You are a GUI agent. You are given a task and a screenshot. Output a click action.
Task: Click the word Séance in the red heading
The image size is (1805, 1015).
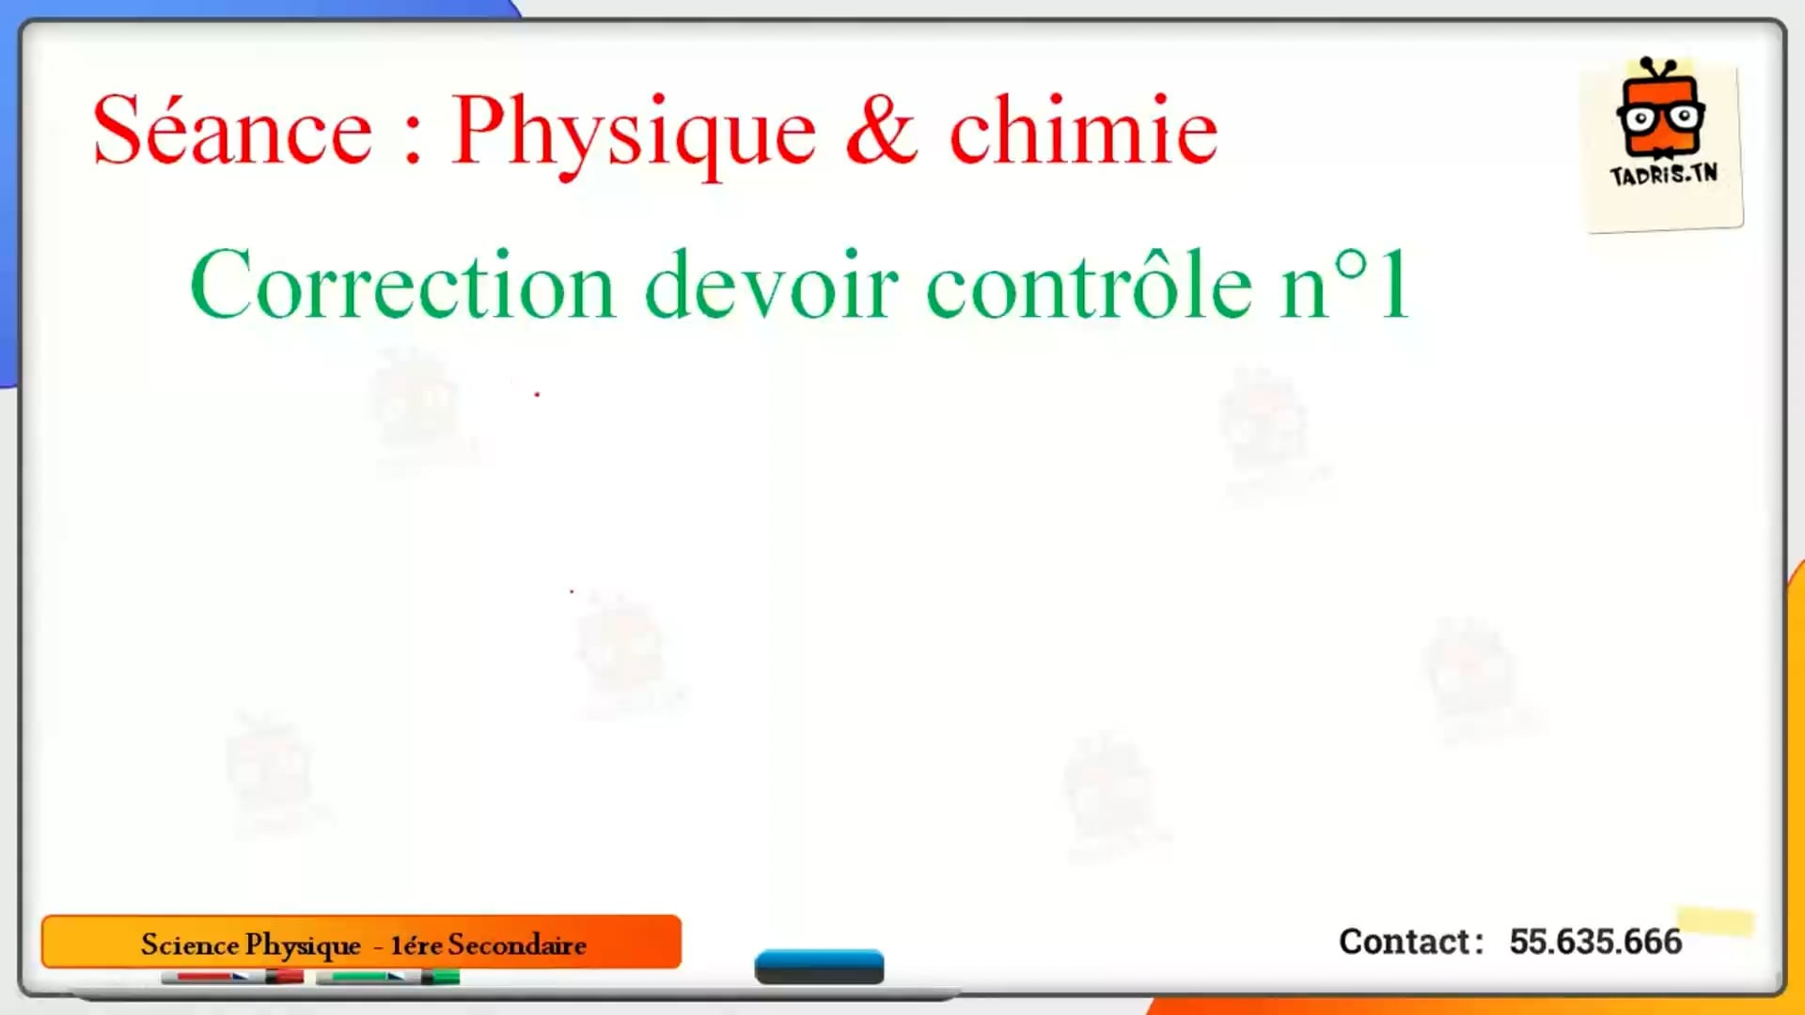click(x=232, y=131)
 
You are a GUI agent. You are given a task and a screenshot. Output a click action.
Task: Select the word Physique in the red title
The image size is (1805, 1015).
click(x=634, y=135)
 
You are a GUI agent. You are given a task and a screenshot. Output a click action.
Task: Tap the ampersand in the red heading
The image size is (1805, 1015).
click(x=881, y=131)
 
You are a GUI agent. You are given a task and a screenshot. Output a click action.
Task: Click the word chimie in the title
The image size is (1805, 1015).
click(x=1083, y=130)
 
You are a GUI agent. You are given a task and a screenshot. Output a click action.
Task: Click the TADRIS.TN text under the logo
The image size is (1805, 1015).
click(x=1663, y=175)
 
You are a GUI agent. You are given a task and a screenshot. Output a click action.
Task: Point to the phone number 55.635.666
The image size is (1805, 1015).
click(x=1595, y=941)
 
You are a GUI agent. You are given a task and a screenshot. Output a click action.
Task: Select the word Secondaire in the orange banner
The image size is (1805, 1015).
click(x=517, y=945)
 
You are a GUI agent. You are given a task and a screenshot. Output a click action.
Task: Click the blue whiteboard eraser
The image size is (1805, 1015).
click(x=819, y=966)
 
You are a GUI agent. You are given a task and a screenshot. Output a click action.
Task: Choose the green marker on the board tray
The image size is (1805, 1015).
click(x=387, y=977)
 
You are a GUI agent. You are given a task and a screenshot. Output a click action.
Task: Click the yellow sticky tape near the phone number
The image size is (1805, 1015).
click(x=1716, y=921)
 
